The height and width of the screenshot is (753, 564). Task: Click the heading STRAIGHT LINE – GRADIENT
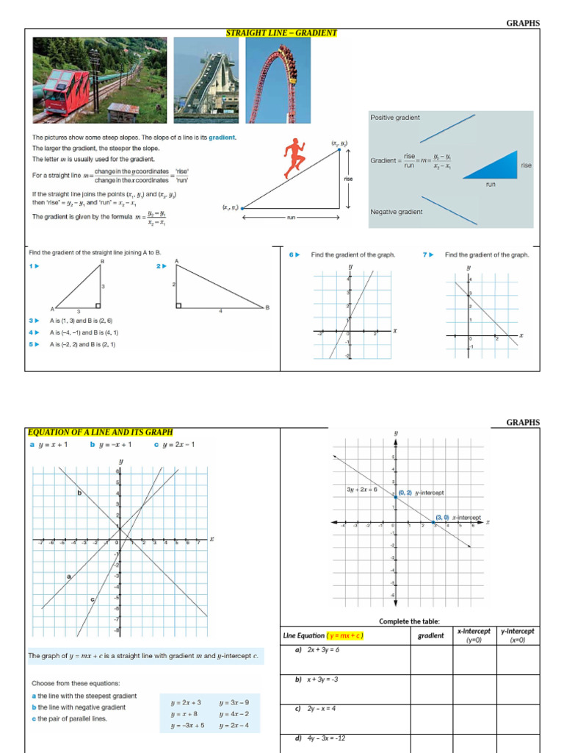coord(281,33)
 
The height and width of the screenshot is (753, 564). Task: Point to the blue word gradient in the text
coord(222,138)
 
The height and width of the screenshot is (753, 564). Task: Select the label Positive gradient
coord(395,118)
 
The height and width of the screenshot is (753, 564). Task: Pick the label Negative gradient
coord(397,212)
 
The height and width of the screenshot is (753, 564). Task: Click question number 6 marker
coord(294,254)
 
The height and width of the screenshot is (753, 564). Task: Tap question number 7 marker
coord(427,254)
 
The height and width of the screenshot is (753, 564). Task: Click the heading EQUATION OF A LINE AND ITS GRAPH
coord(100,432)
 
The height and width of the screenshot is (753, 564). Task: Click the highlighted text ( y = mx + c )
coord(346,635)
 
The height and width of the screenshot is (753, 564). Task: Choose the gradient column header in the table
coord(431,635)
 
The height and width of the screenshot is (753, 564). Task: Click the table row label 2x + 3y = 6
coord(317,650)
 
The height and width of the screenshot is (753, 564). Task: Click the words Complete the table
coord(409,621)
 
